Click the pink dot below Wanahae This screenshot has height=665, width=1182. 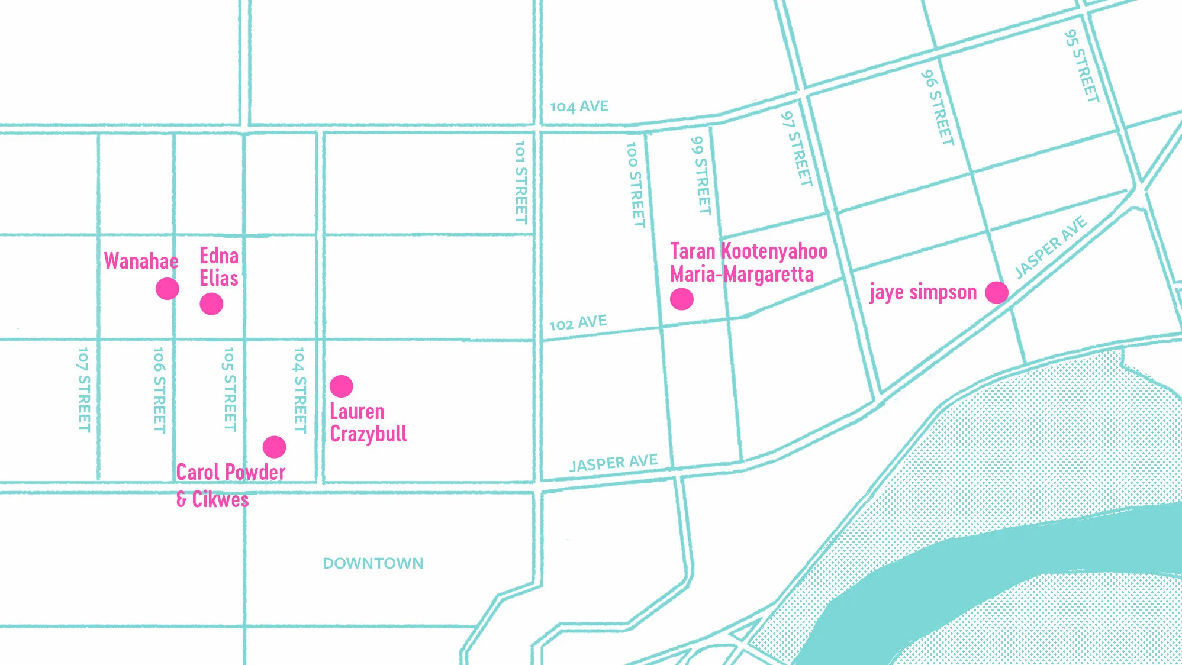[168, 289]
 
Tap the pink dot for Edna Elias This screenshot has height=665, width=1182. [211, 304]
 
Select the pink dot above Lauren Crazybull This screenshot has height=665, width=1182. [342, 386]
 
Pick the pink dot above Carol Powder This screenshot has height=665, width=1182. [275, 447]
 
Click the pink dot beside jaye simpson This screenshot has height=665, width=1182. [997, 292]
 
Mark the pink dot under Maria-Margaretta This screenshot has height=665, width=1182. [682, 299]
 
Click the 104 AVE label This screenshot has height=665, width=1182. [579, 106]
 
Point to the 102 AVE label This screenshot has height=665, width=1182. [578, 323]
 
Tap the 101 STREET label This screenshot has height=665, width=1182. [520, 182]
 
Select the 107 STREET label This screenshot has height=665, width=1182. [84, 390]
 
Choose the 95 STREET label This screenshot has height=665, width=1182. [1081, 66]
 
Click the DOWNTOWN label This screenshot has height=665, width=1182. [373, 563]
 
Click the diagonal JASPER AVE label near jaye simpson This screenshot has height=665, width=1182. [1051, 247]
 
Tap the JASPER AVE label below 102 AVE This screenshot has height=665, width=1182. [613, 463]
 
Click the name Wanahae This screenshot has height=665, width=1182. [141, 261]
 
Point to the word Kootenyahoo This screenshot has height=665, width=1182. [774, 251]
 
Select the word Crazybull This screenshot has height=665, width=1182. [368, 434]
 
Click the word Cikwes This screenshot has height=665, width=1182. [220, 499]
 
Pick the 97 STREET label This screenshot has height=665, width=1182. [796, 149]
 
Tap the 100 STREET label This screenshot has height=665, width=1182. [635, 185]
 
